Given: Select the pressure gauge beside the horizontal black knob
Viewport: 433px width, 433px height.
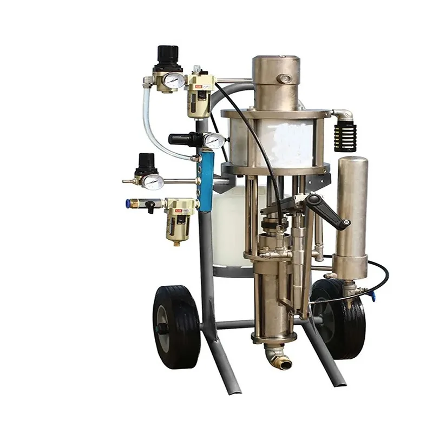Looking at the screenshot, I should [214, 140].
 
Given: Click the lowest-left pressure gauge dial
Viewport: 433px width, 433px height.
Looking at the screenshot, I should [152, 182].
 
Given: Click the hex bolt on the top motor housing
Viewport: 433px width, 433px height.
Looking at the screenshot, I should [284, 79].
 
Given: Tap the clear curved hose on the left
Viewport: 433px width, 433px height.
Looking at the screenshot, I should [150, 130].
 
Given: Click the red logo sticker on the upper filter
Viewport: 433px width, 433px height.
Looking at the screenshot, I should [192, 83].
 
